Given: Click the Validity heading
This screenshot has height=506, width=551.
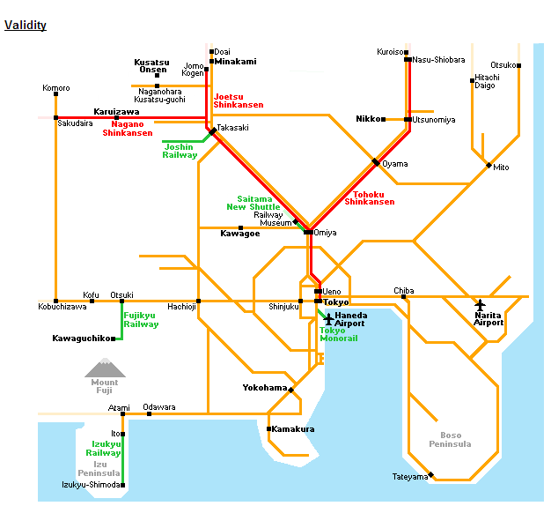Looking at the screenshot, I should [x=25, y=26].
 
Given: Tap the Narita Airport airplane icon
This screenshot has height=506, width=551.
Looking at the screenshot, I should [x=480, y=305].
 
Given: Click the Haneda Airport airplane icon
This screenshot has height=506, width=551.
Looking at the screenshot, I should [x=329, y=317].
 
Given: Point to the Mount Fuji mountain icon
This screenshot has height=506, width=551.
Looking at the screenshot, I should [x=105, y=368].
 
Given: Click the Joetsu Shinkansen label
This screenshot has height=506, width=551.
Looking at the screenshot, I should [x=239, y=100].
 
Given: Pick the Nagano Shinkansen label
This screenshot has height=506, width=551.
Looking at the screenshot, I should [x=127, y=129].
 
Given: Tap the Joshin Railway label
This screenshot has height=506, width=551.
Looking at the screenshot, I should [x=180, y=151].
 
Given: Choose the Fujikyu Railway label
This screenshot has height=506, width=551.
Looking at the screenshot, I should [x=141, y=319].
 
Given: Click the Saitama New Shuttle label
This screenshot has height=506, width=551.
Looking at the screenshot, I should [x=253, y=203].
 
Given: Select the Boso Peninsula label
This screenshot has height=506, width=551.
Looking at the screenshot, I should [x=451, y=439].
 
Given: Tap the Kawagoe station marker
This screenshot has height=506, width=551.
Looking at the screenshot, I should [x=240, y=227].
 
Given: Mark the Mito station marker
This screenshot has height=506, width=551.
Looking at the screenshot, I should [x=489, y=165].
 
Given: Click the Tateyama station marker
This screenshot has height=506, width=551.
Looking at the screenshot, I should [x=430, y=474].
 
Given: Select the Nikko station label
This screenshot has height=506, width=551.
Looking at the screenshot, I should [x=369, y=118].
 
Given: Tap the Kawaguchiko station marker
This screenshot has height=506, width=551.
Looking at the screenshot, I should [x=114, y=338].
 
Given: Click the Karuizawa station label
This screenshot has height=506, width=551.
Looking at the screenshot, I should [x=116, y=112].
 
